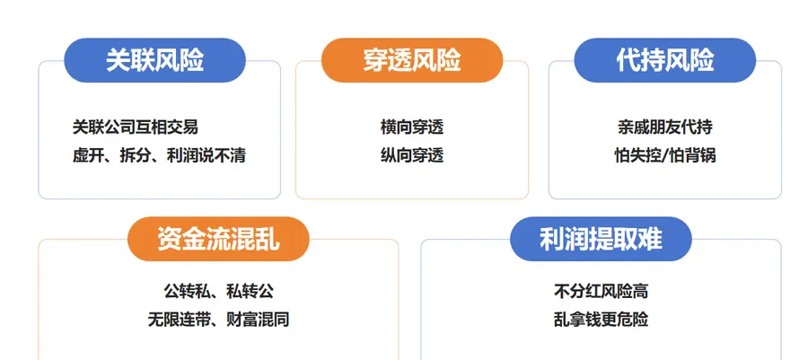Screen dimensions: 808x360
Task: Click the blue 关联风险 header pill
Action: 154,60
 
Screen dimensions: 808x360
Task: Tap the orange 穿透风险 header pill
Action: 412,60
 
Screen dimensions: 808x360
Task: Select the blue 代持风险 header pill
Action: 664,60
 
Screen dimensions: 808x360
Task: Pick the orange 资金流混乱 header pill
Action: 218,239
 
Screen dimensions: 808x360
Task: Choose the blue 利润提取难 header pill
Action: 601,239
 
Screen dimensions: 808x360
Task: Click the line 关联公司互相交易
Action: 136,127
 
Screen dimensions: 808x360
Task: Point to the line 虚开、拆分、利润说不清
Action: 159,155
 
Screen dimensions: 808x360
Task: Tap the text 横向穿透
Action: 412,127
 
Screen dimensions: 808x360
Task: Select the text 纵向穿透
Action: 412,155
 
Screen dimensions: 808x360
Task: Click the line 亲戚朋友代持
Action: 665,127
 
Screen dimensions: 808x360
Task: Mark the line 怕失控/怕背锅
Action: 665,155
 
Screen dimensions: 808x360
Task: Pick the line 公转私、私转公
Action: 219,292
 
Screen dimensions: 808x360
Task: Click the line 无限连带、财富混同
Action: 218,320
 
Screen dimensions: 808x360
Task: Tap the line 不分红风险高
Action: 601,292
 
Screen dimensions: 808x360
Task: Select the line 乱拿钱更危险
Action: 601,320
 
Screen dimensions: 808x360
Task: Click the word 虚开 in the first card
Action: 88,155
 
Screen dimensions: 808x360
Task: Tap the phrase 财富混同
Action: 259,320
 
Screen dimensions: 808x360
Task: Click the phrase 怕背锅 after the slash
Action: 692,155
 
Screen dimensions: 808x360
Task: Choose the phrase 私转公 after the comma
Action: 250,292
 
